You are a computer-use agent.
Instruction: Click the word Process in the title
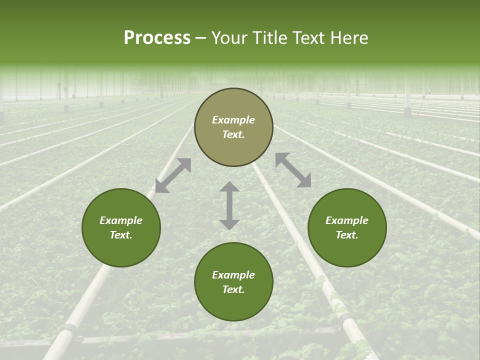[x=157, y=37]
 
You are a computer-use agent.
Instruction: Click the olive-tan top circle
[x=233, y=105]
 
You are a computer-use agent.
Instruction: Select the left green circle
[x=121, y=250]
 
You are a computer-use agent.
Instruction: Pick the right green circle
[x=347, y=250]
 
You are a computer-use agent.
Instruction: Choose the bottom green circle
[x=233, y=305]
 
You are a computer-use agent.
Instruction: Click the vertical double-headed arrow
[x=229, y=205]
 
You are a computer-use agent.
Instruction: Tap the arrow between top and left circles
[x=173, y=175]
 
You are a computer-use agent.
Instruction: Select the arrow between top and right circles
[x=293, y=170]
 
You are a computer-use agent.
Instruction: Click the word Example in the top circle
[x=233, y=120]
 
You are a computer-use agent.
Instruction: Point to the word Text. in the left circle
[x=121, y=235]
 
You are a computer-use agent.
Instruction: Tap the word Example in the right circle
[x=347, y=220]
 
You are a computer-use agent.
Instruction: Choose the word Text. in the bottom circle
[x=233, y=289]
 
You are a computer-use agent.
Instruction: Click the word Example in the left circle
[x=121, y=220]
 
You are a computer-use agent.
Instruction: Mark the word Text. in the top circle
[x=233, y=134]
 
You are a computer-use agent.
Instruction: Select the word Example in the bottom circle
[x=233, y=275]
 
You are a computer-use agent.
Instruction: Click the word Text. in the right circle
[x=347, y=235]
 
